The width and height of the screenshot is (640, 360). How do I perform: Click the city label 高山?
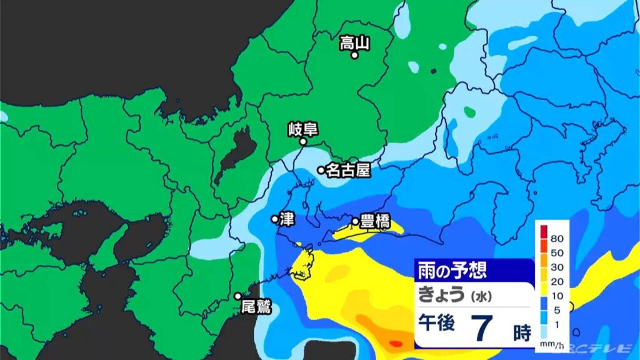[354, 43]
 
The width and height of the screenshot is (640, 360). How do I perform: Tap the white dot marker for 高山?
[354, 56]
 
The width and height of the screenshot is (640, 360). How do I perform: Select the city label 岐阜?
[303, 129]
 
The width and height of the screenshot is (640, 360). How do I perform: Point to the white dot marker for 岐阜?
[303, 142]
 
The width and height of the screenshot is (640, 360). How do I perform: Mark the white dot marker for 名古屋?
[321, 170]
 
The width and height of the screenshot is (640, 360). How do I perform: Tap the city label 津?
[286, 219]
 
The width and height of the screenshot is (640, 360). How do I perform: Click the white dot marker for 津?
[274, 219]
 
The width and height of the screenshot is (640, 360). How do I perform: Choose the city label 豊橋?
[375, 221]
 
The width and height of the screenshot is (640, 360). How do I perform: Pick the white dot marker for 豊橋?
[356, 221]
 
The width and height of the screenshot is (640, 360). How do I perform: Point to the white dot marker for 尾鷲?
[238, 296]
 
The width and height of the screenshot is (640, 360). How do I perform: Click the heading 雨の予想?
[452, 271]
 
